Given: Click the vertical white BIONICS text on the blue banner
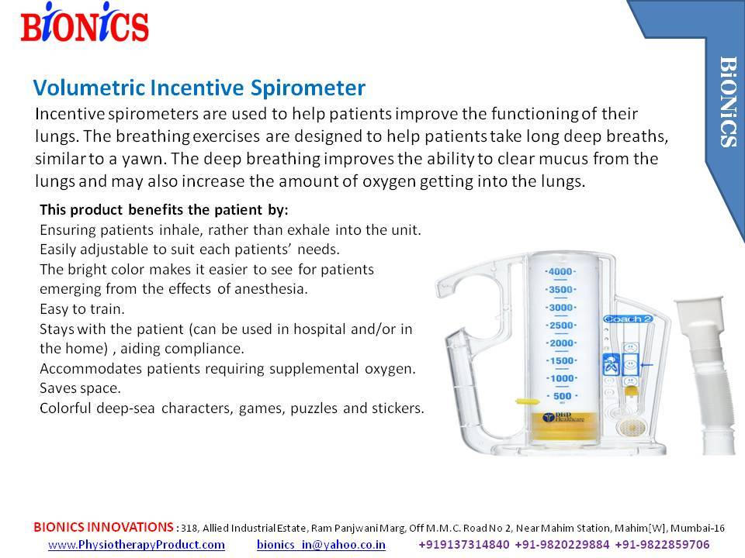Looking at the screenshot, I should [728, 101].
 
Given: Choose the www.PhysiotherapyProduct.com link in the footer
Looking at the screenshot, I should [137, 545].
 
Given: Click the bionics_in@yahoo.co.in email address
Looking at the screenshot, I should [321, 545].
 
